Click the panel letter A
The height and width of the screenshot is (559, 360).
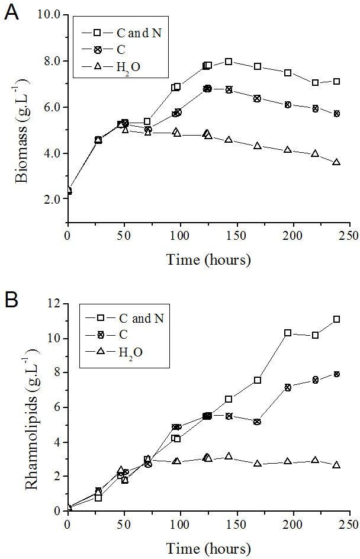pyautogui.click(x=11, y=12)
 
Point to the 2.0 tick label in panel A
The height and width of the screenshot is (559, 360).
pyautogui.click(x=52, y=200)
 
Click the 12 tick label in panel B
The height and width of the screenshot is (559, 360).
pyautogui.click(x=54, y=304)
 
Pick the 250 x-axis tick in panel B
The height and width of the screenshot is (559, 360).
pyautogui.click(x=349, y=525)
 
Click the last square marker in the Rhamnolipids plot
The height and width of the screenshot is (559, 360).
pyautogui.click(x=336, y=319)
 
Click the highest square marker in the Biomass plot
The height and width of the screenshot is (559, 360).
pyautogui.click(x=229, y=62)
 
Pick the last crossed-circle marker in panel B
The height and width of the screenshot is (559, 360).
pyautogui.click(x=336, y=374)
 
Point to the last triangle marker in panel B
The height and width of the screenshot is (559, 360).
pyautogui.click(x=336, y=465)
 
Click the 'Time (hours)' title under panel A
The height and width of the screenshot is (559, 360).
pyautogui.click(x=208, y=259)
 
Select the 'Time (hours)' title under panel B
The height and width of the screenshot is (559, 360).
pyautogui.click(x=208, y=547)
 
